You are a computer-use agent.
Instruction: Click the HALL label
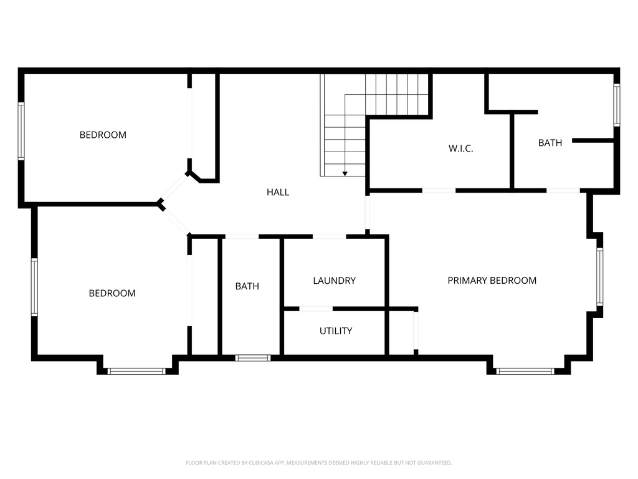pyautogui.click(x=278, y=192)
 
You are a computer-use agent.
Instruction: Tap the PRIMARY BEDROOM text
pyautogui.click(x=492, y=280)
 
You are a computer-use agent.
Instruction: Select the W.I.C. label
pyautogui.click(x=460, y=148)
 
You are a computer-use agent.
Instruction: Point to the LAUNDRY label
pyautogui.click(x=334, y=281)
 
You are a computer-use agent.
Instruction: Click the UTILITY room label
pyautogui.click(x=336, y=331)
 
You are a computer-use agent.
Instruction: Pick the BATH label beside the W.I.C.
pyautogui.click(x=550, y=143)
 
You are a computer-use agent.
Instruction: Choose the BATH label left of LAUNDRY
pyautogui.click(x=247, y=286)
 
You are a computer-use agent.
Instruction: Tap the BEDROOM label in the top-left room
pyautogui.click(x=103, y=135)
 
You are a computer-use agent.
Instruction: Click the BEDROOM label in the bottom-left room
pyautogui.click(x=112, y=293)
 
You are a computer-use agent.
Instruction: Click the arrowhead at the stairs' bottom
pyautogui.click(x=345, y=173)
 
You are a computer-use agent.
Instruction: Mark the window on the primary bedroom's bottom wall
pyautogui.click(x=525, y=371)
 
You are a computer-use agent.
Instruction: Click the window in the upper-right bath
pyautogui.click(x=616, y=105)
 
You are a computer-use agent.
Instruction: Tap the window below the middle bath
pyautogui.click(x=253, y=358)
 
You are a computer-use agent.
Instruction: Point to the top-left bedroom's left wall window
pyautogui.click(x=21, y=131)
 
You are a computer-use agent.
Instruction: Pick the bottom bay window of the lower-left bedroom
pyautogui.click(x=136, y=371)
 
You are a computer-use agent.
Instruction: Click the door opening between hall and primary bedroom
pyautogui.click(x=368, y=213)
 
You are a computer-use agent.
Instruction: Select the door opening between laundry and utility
pyautogui.click(x=315, y=309)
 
